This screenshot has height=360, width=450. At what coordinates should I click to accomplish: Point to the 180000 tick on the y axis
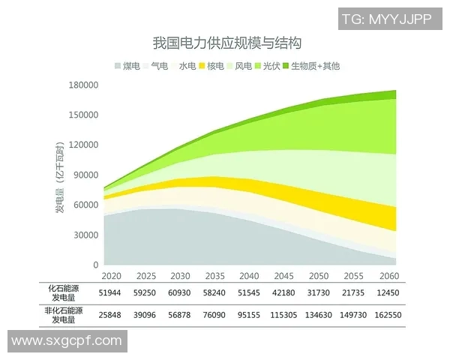84,85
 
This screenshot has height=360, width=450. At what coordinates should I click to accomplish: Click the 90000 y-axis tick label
86,175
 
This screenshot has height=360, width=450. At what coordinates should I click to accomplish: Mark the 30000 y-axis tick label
86,235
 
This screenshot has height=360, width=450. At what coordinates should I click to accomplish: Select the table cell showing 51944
110,293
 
